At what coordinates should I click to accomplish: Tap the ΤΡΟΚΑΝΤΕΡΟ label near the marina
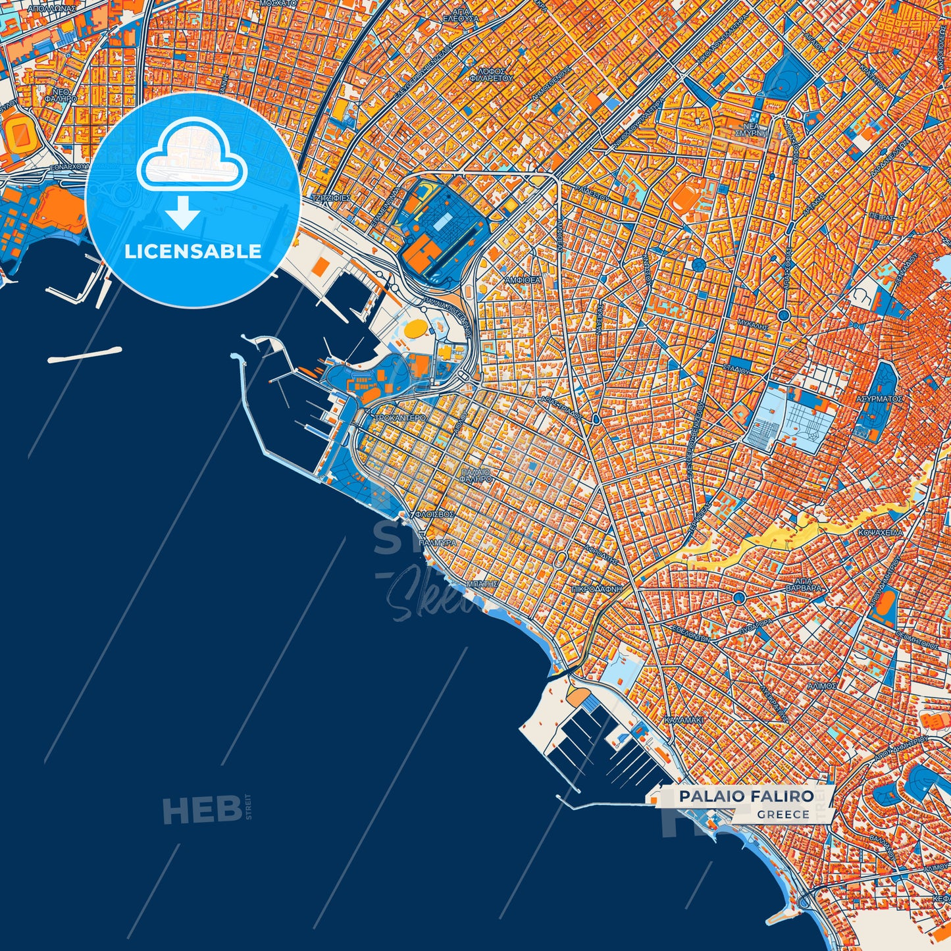tap(400, 418)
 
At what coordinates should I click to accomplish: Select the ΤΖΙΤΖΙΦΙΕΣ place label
tap(332, 197)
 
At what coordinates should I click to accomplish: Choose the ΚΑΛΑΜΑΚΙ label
tap(684, 720)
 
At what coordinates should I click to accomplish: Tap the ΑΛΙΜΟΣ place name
tap(821, 686)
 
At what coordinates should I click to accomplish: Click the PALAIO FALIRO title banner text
tap(746, 796)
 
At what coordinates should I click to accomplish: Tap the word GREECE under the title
tap(783, 814)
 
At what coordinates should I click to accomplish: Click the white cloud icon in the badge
tap(192, 158)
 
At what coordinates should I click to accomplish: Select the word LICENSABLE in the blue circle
tap(193, 251)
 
